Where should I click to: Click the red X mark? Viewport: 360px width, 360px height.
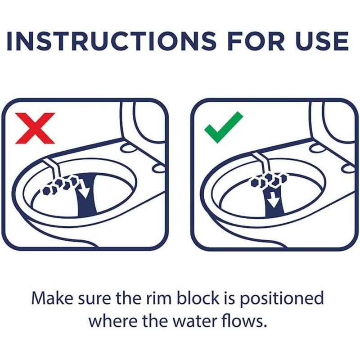[35, 128]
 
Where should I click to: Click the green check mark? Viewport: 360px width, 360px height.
[223, 127]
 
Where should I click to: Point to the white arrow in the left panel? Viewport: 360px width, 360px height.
[83, 190]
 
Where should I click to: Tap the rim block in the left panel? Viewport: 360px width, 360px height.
[60, 184]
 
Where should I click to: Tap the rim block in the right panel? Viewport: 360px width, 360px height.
[269, 180]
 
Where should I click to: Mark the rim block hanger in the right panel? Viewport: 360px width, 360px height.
[261, 164]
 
